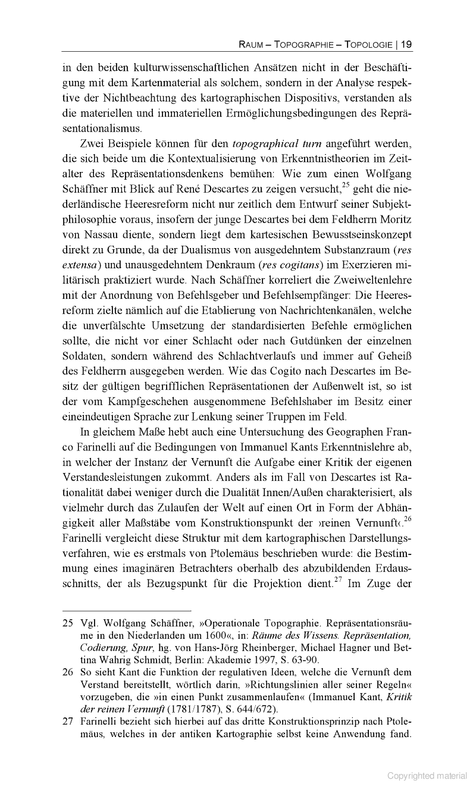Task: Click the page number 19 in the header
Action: (x=407, y=43)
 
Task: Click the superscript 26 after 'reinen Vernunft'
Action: (x=408, y=521)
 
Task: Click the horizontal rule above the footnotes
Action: (x=127, y=611)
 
